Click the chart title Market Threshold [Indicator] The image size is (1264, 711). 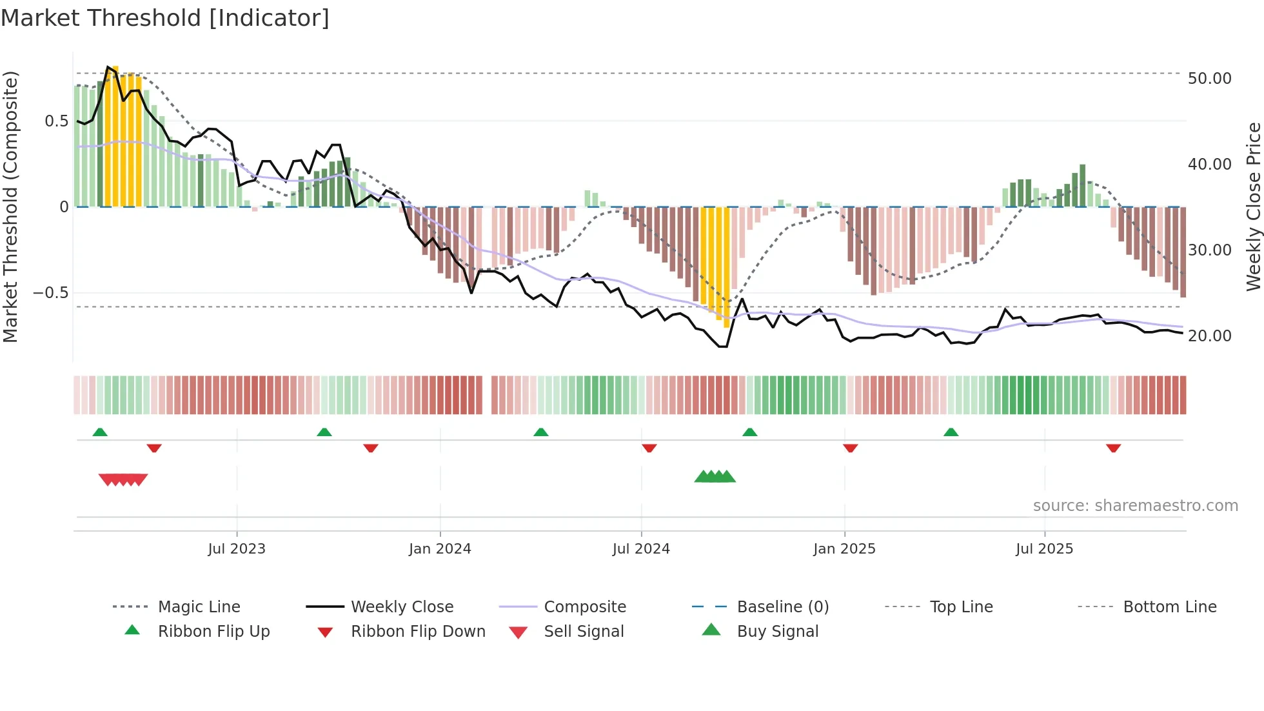165,18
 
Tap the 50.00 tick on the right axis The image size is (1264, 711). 1209,79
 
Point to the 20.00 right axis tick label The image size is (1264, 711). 1209,336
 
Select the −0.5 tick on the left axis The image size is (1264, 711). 50,293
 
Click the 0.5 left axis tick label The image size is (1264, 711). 56,121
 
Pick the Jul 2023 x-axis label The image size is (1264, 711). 237,549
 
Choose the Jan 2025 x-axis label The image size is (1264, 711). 844,549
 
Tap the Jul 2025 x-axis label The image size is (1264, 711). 1044,549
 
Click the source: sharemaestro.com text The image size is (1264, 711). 1135,506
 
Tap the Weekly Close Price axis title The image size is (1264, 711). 1253,206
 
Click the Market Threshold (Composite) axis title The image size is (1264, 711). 10,206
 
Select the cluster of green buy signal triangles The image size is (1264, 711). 715,477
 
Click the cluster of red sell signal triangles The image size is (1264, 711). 123,479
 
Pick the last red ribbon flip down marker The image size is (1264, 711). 1113,448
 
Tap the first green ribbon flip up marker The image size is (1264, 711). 100,432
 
